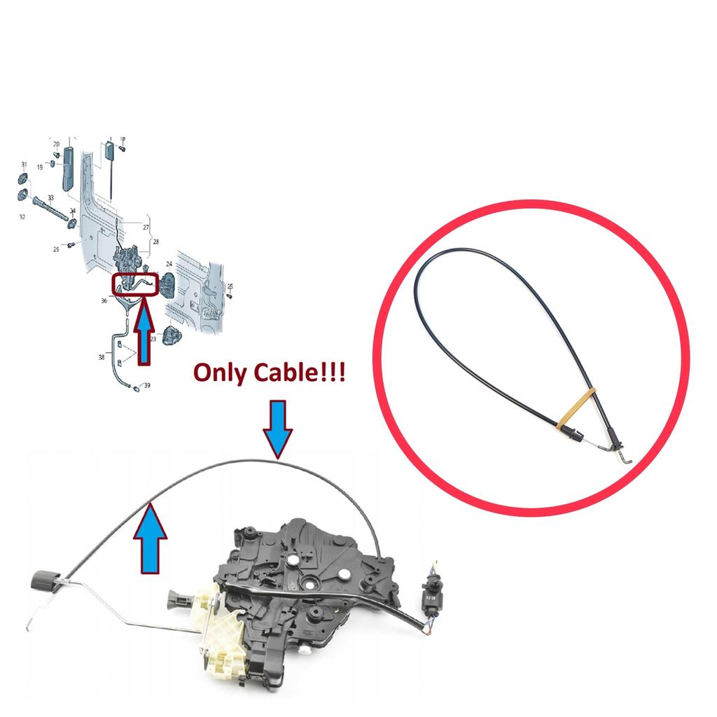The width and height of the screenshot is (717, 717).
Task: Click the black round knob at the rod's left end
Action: coord(43,580)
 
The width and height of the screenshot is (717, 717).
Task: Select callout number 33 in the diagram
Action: coord(51,199)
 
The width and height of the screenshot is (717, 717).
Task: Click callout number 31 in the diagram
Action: coord(24,165)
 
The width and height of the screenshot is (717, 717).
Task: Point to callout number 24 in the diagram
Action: coord(169,265)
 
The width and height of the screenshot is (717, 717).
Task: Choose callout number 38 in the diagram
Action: coord(102,357)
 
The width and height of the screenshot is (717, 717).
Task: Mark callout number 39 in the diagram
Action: coord(146,386)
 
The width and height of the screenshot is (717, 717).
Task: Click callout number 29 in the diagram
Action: coord(56,249)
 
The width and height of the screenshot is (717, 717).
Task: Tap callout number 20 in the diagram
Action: coord(57,144)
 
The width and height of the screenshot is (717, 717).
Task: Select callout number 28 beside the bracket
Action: coord(155,242)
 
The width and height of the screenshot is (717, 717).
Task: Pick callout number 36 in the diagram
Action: coord(104,300)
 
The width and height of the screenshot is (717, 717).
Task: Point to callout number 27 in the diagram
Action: coord(146,228)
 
